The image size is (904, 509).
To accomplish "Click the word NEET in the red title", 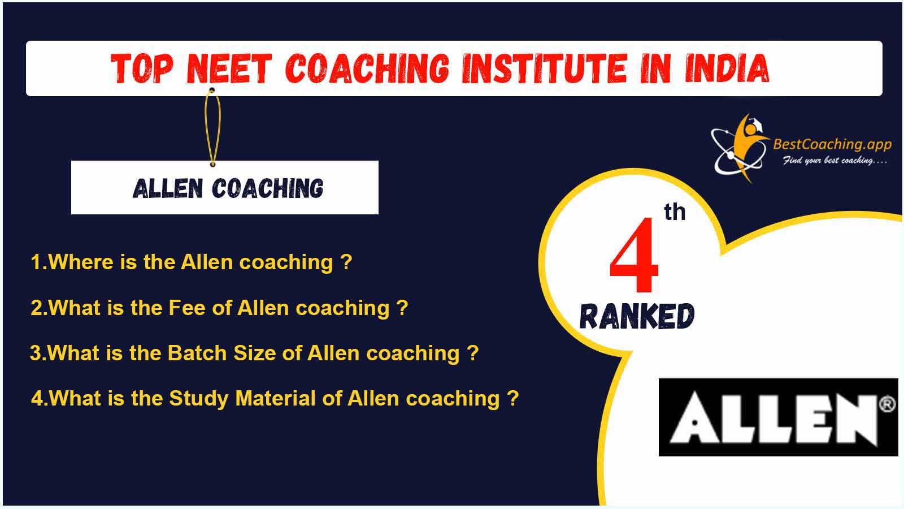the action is [229, 68].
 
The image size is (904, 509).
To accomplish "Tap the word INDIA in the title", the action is [727, 68].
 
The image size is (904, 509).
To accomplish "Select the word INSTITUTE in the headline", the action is [545, 68].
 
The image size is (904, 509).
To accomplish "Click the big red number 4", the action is [634, 255].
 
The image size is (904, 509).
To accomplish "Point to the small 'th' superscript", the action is [675, 212].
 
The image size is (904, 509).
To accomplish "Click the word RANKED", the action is [637, 316].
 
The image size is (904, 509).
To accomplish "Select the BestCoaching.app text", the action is [832, 144].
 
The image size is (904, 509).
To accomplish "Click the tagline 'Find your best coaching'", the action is [835, 161].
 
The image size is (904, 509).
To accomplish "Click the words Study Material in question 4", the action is [242, 399].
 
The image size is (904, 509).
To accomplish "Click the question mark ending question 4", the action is [512, 398].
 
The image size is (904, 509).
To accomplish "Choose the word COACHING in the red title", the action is [367, 68].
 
